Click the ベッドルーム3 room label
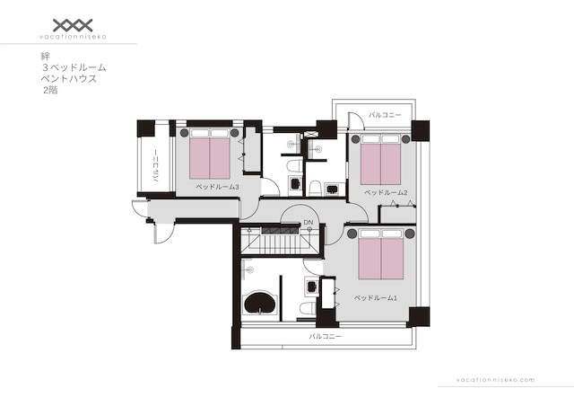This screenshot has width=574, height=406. point(217,187)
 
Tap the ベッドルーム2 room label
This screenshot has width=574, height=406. point(386,192)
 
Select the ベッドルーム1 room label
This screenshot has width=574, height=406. point(376,298)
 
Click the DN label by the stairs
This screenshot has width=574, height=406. point(309,222)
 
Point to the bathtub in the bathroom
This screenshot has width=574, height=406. point(260,303)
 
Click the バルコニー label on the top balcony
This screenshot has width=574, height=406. point(385,115)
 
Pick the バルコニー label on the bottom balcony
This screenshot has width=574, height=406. point(325,336)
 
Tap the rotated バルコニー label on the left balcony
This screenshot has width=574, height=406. point(155,166)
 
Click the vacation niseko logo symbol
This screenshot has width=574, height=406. point(73,25)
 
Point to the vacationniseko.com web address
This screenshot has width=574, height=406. point(495,380)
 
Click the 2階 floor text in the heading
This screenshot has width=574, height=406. point(50,90)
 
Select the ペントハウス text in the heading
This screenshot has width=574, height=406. point(69,79)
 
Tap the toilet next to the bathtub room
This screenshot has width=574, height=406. point(308,308)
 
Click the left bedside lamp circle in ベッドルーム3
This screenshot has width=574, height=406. point(184,132)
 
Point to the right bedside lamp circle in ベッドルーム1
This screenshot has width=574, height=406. point(410,234)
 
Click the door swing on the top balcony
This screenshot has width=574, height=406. point(356,120)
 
